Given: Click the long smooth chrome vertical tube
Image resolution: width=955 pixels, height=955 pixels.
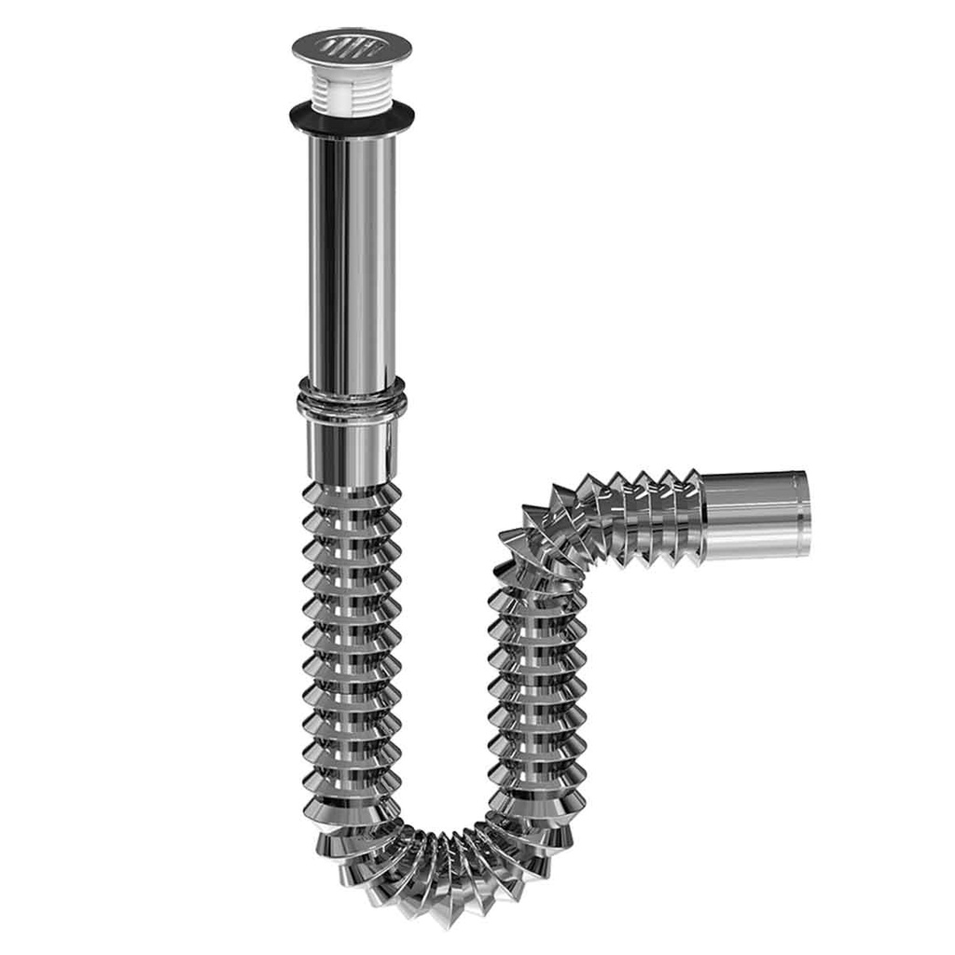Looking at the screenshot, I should pos(352,261).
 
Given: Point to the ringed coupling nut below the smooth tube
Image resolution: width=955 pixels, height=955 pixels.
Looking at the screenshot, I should pos(352,399).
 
